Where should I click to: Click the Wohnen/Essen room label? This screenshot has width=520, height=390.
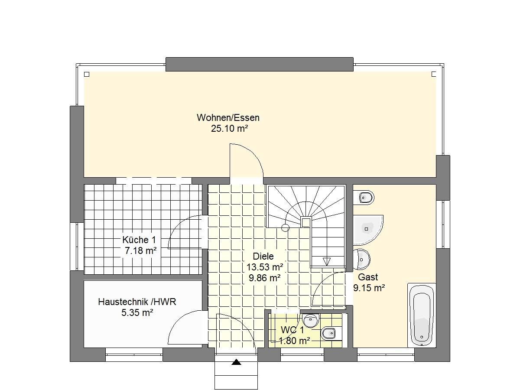228,118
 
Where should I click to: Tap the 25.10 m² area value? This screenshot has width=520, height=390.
229,129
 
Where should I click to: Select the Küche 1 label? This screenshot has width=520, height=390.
139,240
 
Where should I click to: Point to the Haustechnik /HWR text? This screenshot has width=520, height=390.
137,302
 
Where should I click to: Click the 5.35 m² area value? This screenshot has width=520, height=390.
137,313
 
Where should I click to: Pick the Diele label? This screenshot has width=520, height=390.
263,256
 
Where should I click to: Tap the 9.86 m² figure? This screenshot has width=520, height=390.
265,278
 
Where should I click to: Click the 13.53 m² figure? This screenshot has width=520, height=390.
265,267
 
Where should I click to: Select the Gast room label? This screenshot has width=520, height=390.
368,277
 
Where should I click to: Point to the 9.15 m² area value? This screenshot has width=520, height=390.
369,288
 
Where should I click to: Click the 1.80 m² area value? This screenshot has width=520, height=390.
294,341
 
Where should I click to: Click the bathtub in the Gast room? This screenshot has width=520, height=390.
422,315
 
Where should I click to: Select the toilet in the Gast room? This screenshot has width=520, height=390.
364,197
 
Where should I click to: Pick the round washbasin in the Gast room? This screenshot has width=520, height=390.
361,260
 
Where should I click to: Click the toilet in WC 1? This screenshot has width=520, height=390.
331,334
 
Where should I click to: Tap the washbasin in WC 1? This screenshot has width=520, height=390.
311,320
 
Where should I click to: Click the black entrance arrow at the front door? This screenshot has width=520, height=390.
236,362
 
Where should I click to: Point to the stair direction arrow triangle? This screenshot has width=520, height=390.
327,261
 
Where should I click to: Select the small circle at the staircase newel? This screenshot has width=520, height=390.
286,228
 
